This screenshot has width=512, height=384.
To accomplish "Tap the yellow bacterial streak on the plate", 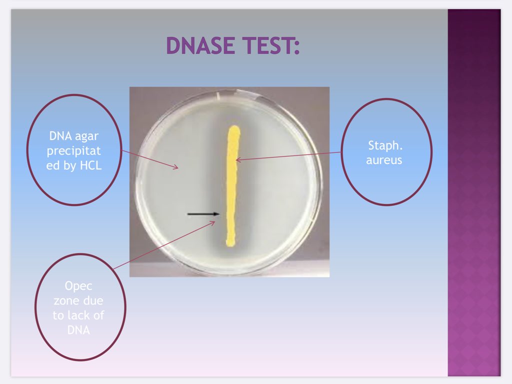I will tap(232, 185).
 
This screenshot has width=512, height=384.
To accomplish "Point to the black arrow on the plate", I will tap(203, 214).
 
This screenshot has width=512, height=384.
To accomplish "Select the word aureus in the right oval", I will tap(384, 160).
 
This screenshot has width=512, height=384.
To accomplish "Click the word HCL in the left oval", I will tap(90, 166).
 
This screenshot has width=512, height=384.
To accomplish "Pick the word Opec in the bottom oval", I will tap(79, 286).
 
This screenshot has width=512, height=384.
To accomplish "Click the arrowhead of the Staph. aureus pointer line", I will tap(237, 160).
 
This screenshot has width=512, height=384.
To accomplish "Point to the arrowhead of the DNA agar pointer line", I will tap(176, 168).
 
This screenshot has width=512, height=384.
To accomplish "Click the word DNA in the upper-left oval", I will tap(59, 135).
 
